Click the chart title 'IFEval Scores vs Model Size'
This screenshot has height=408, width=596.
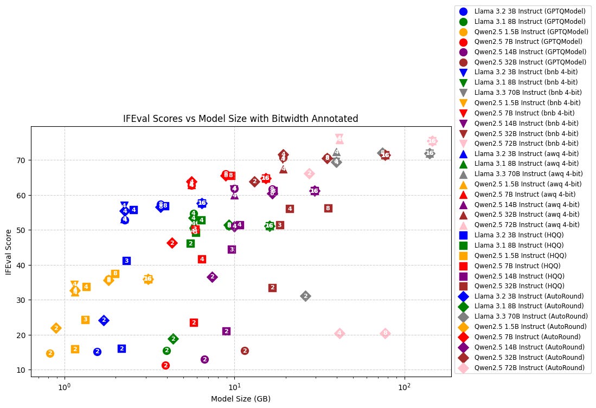241,119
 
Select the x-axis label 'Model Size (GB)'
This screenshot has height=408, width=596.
241,398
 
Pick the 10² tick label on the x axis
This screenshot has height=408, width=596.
404,386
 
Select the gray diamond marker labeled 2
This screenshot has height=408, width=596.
305,296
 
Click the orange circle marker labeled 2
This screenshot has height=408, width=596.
50,353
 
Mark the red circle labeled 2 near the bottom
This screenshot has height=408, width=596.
165,366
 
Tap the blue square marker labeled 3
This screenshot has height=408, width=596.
126,261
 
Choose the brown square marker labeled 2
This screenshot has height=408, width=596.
272,288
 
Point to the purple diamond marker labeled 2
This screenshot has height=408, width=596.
212,277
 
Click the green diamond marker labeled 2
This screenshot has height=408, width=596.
173,339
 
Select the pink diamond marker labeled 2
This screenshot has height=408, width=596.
309,173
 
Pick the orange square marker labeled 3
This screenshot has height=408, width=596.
85,320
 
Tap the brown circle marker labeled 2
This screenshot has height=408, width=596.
245,351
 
